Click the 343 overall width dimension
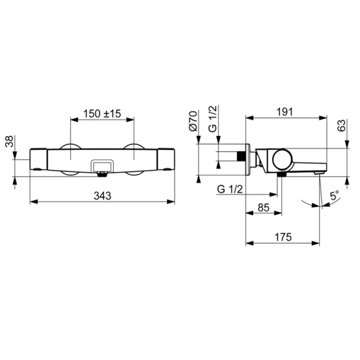pos(102,196)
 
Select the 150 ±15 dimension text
pos(102,114)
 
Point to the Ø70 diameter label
pos(193,121)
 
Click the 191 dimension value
pos(285,112)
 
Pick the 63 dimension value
pos(341,125)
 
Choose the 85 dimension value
pos(263,208)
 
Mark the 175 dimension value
pos(283,237)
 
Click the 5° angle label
pos(334,195)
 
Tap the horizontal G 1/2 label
pos(230,190)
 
